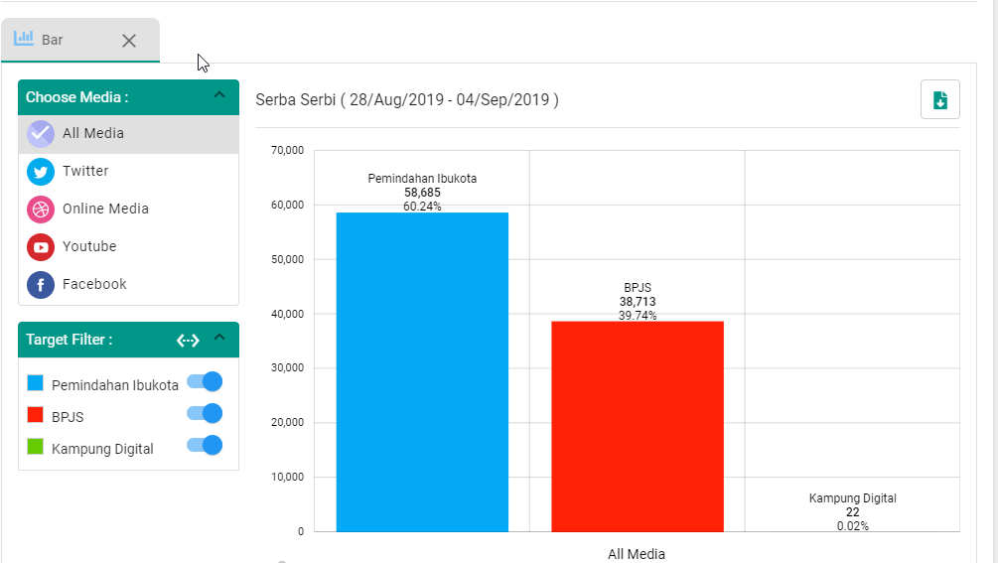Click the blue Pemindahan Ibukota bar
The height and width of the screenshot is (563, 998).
pos(422,372)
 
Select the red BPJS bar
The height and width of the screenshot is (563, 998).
pos(638,426)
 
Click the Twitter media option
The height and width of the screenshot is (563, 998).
pos(85,171)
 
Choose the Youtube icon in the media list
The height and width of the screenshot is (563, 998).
pos(41,247)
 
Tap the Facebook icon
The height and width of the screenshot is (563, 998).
pos(41,285)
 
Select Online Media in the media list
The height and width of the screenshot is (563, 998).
pos(105,209)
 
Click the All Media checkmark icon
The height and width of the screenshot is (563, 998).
pos(41,133)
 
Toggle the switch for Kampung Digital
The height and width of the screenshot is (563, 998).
pos(206,446)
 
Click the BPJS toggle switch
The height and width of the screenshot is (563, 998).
pos(206,413)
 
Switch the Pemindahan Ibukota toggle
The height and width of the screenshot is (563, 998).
pos(206,381)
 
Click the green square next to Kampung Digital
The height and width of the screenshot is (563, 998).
pos(36,447)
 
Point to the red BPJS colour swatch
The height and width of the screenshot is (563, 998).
pos(36,415)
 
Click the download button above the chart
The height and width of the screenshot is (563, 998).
pos(940,99)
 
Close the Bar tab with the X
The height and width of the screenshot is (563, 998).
pos(129,41)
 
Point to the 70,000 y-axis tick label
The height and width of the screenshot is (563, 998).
pos(287,151)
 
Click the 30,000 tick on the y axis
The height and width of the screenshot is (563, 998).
pos(287,368)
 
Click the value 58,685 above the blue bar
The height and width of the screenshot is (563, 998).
pos(422,193)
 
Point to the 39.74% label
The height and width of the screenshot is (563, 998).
pos(638,316)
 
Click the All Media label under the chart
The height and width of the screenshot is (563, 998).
pos(637,554)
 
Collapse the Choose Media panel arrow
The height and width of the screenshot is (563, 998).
pos(219,96)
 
